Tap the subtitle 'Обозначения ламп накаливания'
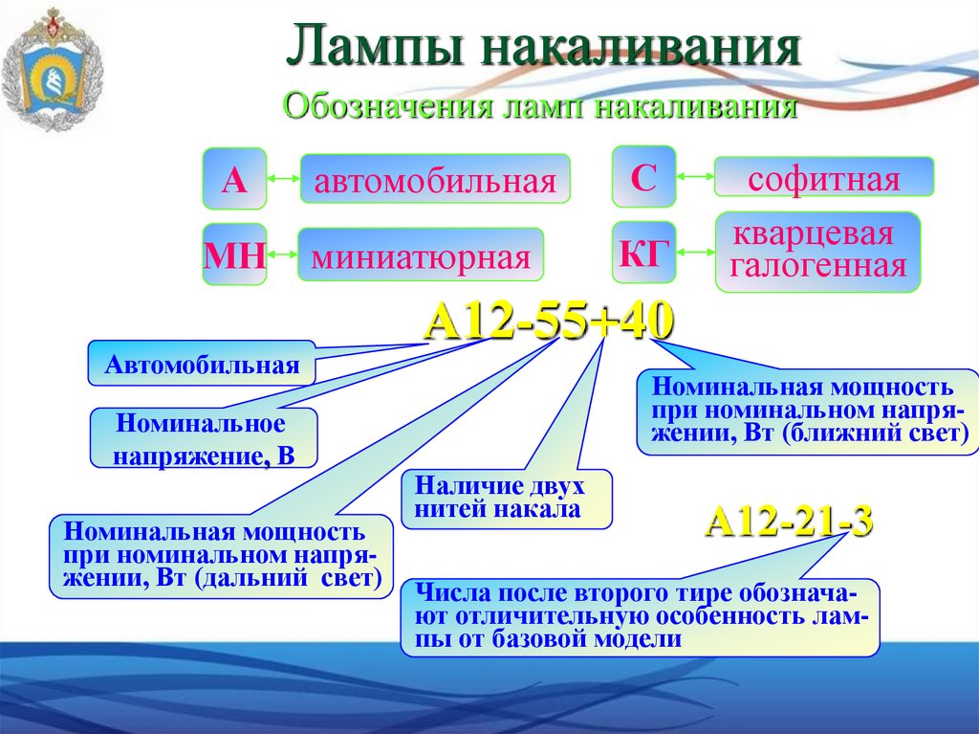pos(540,105)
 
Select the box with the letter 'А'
pos(233,179)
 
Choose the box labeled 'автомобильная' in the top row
pos(436,179)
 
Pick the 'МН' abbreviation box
pos(233,255)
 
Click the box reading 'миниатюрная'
pos(421,256)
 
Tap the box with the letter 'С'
pos(643,177)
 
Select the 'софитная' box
pos(824,179)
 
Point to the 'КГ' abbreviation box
pos(643,253)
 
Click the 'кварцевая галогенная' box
pos(818,252)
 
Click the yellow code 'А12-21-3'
pos(789,523)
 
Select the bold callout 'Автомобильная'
pos(202,364)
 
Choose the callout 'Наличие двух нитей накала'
pos(507,497)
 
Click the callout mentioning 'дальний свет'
pos(222,556)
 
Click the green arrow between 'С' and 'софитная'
pos(695,177)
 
